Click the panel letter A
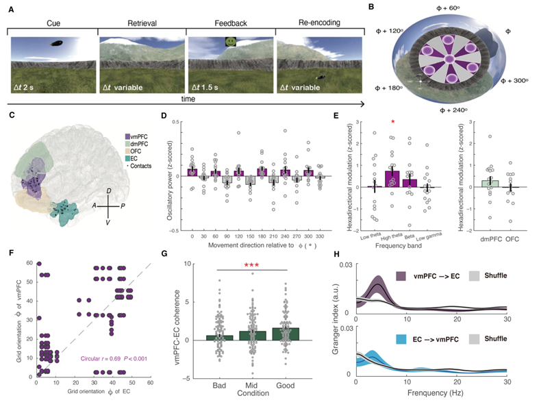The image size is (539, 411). coord(11,9)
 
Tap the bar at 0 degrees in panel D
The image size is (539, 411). coord(193,172)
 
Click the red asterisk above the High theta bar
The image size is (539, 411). coord(392,122)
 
